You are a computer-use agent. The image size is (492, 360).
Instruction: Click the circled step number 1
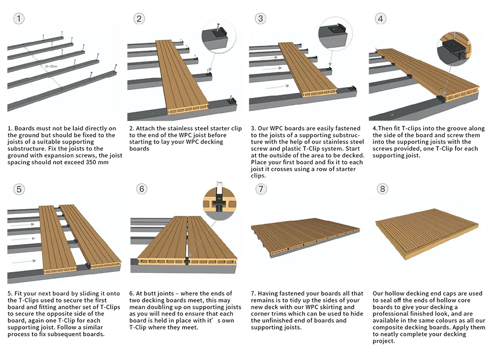coord(19,19)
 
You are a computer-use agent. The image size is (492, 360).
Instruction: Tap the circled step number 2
coord(139,19)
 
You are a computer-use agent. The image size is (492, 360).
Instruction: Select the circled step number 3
coord(260,19)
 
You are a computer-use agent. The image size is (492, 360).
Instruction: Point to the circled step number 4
coord(380,19)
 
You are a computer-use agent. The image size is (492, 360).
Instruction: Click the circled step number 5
coord(19,189)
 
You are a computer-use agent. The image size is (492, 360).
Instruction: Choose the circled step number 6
coord(142,189)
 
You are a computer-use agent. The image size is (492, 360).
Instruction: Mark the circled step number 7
coord(261,189)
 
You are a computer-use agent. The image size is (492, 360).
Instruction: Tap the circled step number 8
coord(382,189)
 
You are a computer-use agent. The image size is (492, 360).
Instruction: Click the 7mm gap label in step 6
coord(219,182)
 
